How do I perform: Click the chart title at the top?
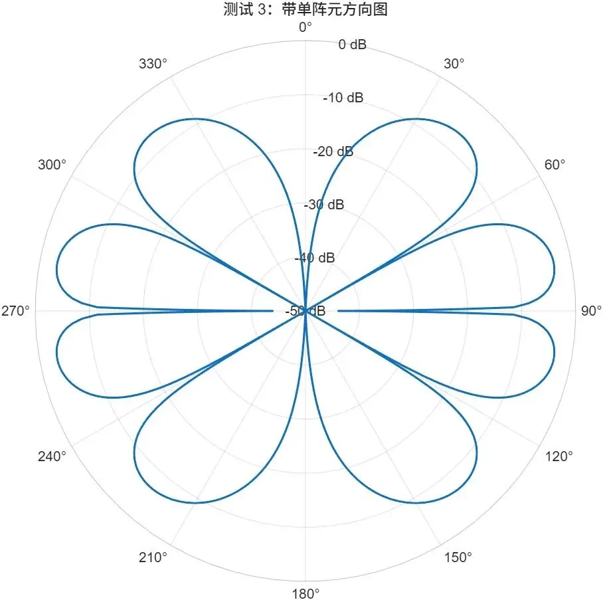click(305, 9)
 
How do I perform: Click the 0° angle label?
click(305, 27)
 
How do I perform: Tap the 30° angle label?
click(454, 64)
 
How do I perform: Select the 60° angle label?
click(555, 165)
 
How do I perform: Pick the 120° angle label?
click(558, 456)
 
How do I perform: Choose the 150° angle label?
click(458, 557)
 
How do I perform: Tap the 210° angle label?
click(153, 557)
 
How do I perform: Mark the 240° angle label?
click(52, 456)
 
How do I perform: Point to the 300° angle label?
click(52, 165)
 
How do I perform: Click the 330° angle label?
click(153, 64)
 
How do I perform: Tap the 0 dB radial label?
click(352, 45)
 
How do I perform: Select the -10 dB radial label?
click(343, 98)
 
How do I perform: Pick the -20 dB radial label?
click(333, 151)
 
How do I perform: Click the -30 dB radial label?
click(324, 205)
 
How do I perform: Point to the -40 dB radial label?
click(315, 258)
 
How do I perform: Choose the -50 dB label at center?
click(305, 311)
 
